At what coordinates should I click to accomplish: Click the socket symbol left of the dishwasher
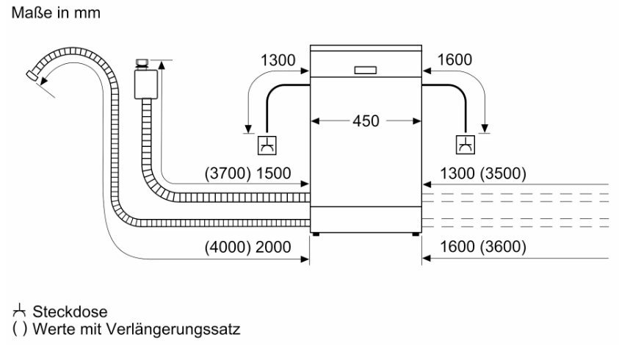265,144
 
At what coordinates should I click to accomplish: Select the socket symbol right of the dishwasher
466,144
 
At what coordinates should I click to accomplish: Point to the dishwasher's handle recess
365,71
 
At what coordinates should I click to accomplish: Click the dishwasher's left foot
316,234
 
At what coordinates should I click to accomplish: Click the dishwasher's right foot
416,234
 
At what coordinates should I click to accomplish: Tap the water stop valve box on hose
146,82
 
